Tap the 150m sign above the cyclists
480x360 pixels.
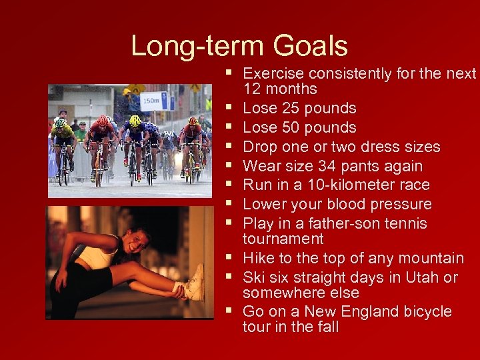153,101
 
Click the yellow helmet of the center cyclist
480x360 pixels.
135,121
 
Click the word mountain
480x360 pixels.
430,258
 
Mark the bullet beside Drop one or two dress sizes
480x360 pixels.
228,146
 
